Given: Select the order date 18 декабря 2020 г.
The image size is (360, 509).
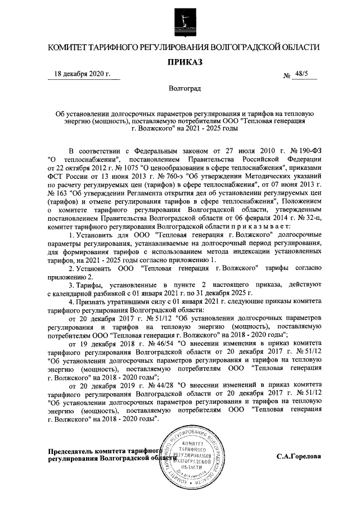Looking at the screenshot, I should click(82, 74).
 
